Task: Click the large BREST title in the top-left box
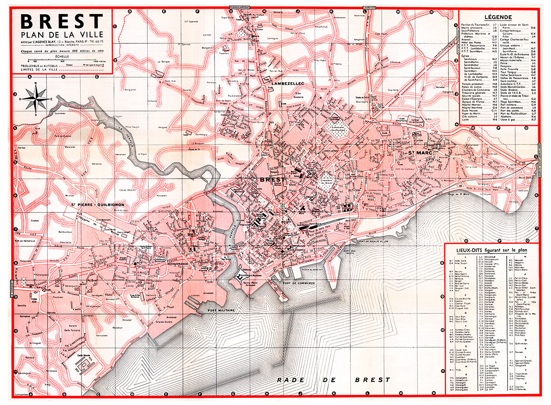tap(62, 21)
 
